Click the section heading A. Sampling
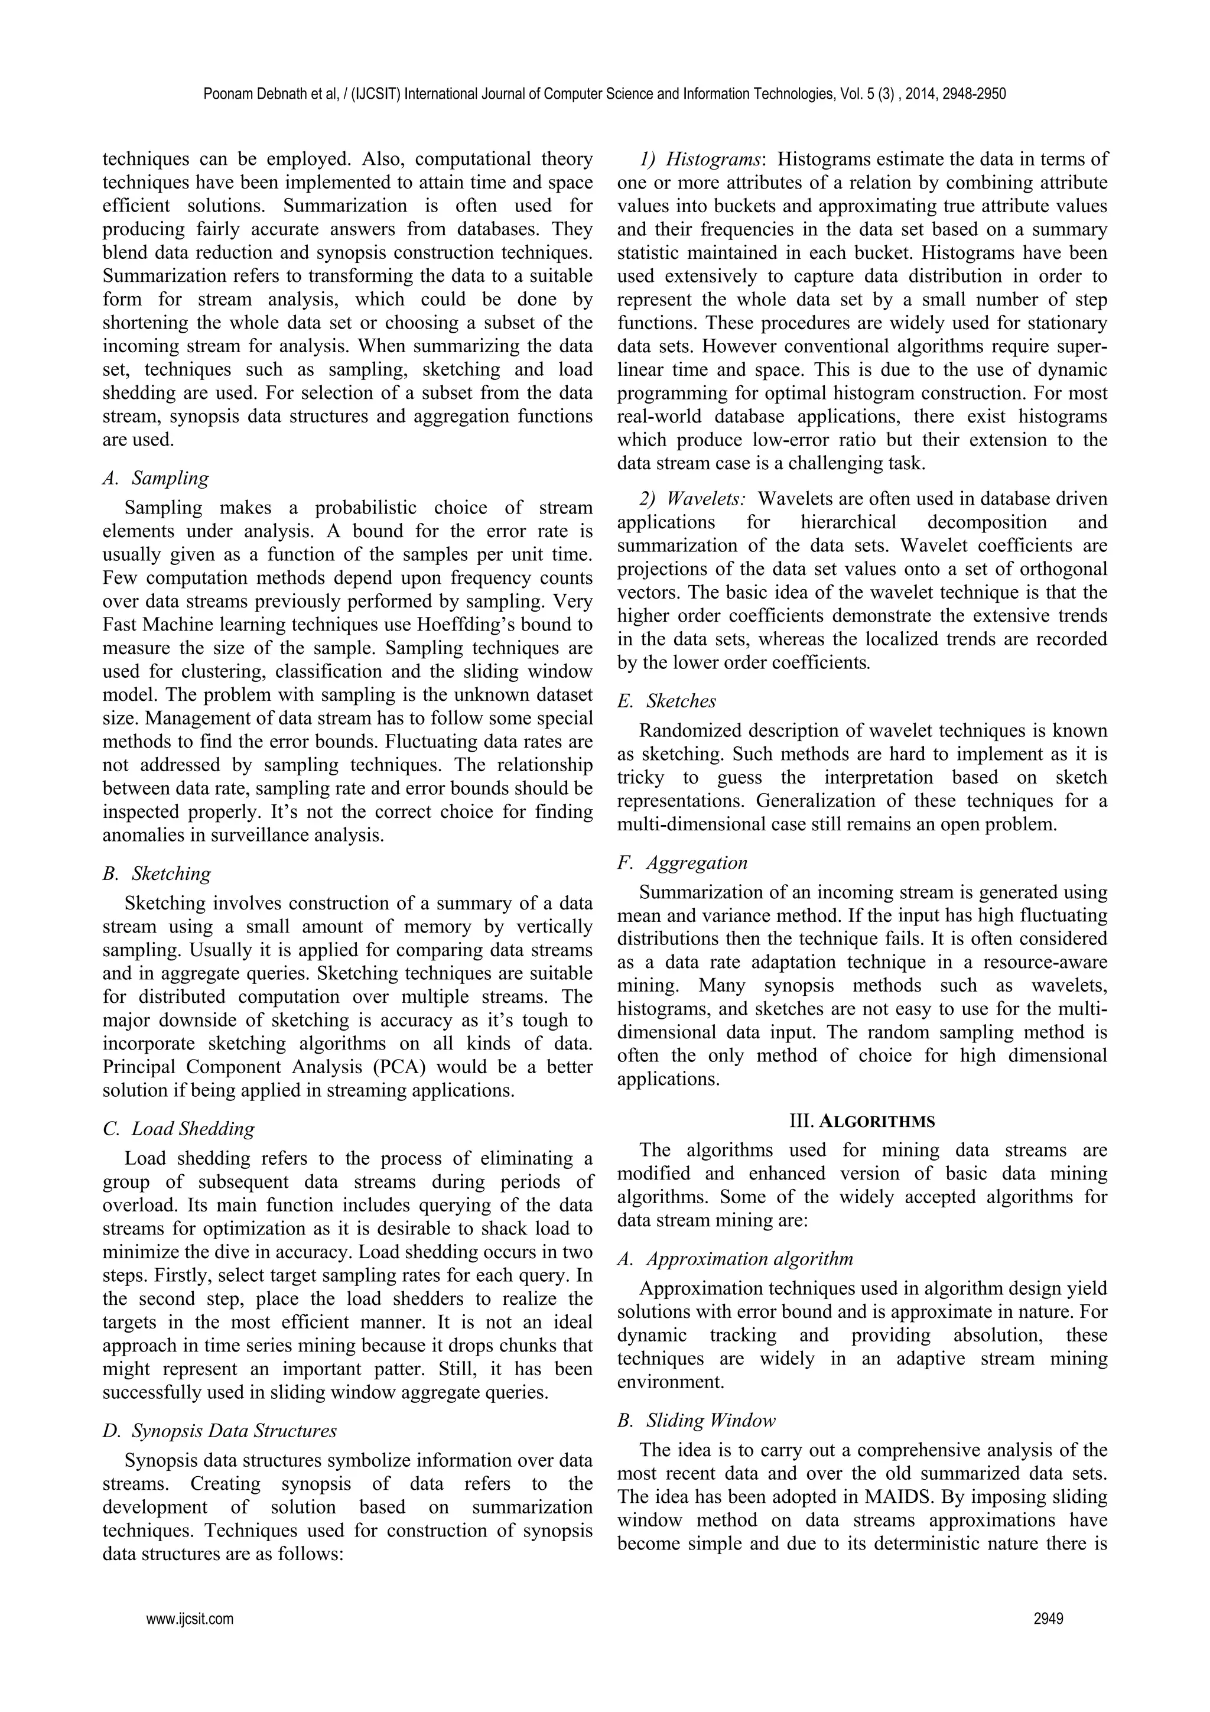(x=156, y=478)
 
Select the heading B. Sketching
(x=157, y=873)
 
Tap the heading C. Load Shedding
(x=179, y=1128)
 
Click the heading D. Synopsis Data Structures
(x=219, y=1430)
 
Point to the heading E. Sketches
(x=666, y=701)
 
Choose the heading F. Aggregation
(x=682, y=863)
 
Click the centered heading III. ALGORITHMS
(x=862, y=1120)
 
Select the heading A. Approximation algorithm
(x=735, y=1259)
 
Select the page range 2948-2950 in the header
(x=974, y=94)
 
